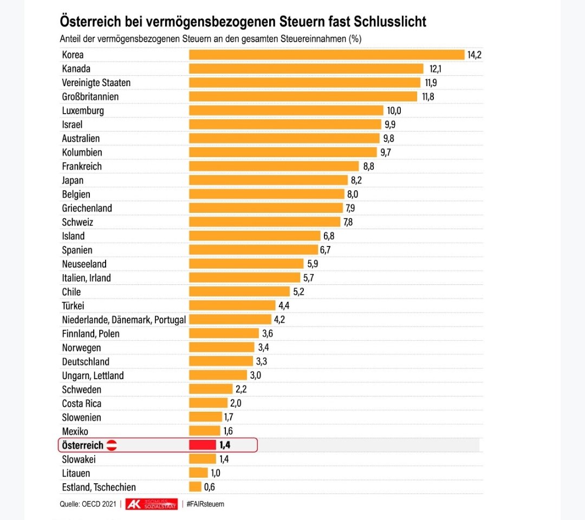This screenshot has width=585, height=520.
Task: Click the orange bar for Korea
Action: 326,55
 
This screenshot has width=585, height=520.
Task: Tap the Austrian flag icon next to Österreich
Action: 111,445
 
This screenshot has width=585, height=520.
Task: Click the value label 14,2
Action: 474,55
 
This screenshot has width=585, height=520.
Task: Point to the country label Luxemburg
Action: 83,110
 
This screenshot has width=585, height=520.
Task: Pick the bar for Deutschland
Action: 220,361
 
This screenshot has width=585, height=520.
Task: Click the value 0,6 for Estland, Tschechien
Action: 210,487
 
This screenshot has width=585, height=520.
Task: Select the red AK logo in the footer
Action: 133,504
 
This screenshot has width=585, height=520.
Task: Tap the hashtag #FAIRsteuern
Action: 205,504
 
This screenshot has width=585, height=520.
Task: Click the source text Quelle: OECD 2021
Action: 87,504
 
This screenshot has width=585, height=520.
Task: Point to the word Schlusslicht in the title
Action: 391,22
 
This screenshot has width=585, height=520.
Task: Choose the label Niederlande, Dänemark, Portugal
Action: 124,320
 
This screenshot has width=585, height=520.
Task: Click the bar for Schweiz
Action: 264,222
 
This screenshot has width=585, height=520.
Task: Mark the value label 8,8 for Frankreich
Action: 368,166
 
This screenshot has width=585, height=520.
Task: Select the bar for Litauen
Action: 198,473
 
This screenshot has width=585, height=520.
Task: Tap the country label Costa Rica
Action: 82,404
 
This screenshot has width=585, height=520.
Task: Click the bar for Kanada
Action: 306,69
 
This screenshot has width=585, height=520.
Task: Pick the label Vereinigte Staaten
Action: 96,83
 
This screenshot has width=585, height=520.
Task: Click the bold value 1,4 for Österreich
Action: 225,445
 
